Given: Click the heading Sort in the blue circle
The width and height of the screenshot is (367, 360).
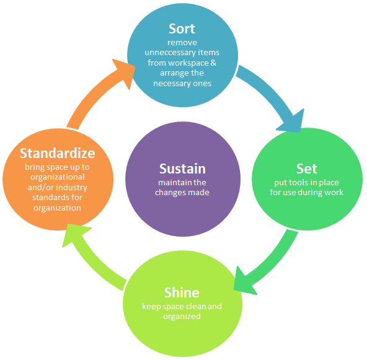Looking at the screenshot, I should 182,29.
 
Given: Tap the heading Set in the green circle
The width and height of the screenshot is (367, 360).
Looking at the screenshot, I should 307,169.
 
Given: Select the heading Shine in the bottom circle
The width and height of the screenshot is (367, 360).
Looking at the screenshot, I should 181,292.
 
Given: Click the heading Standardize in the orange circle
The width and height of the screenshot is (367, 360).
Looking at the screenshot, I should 57,153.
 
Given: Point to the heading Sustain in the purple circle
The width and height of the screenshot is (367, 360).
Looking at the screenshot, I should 182,169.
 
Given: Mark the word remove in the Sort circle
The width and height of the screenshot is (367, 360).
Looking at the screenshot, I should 182,43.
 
